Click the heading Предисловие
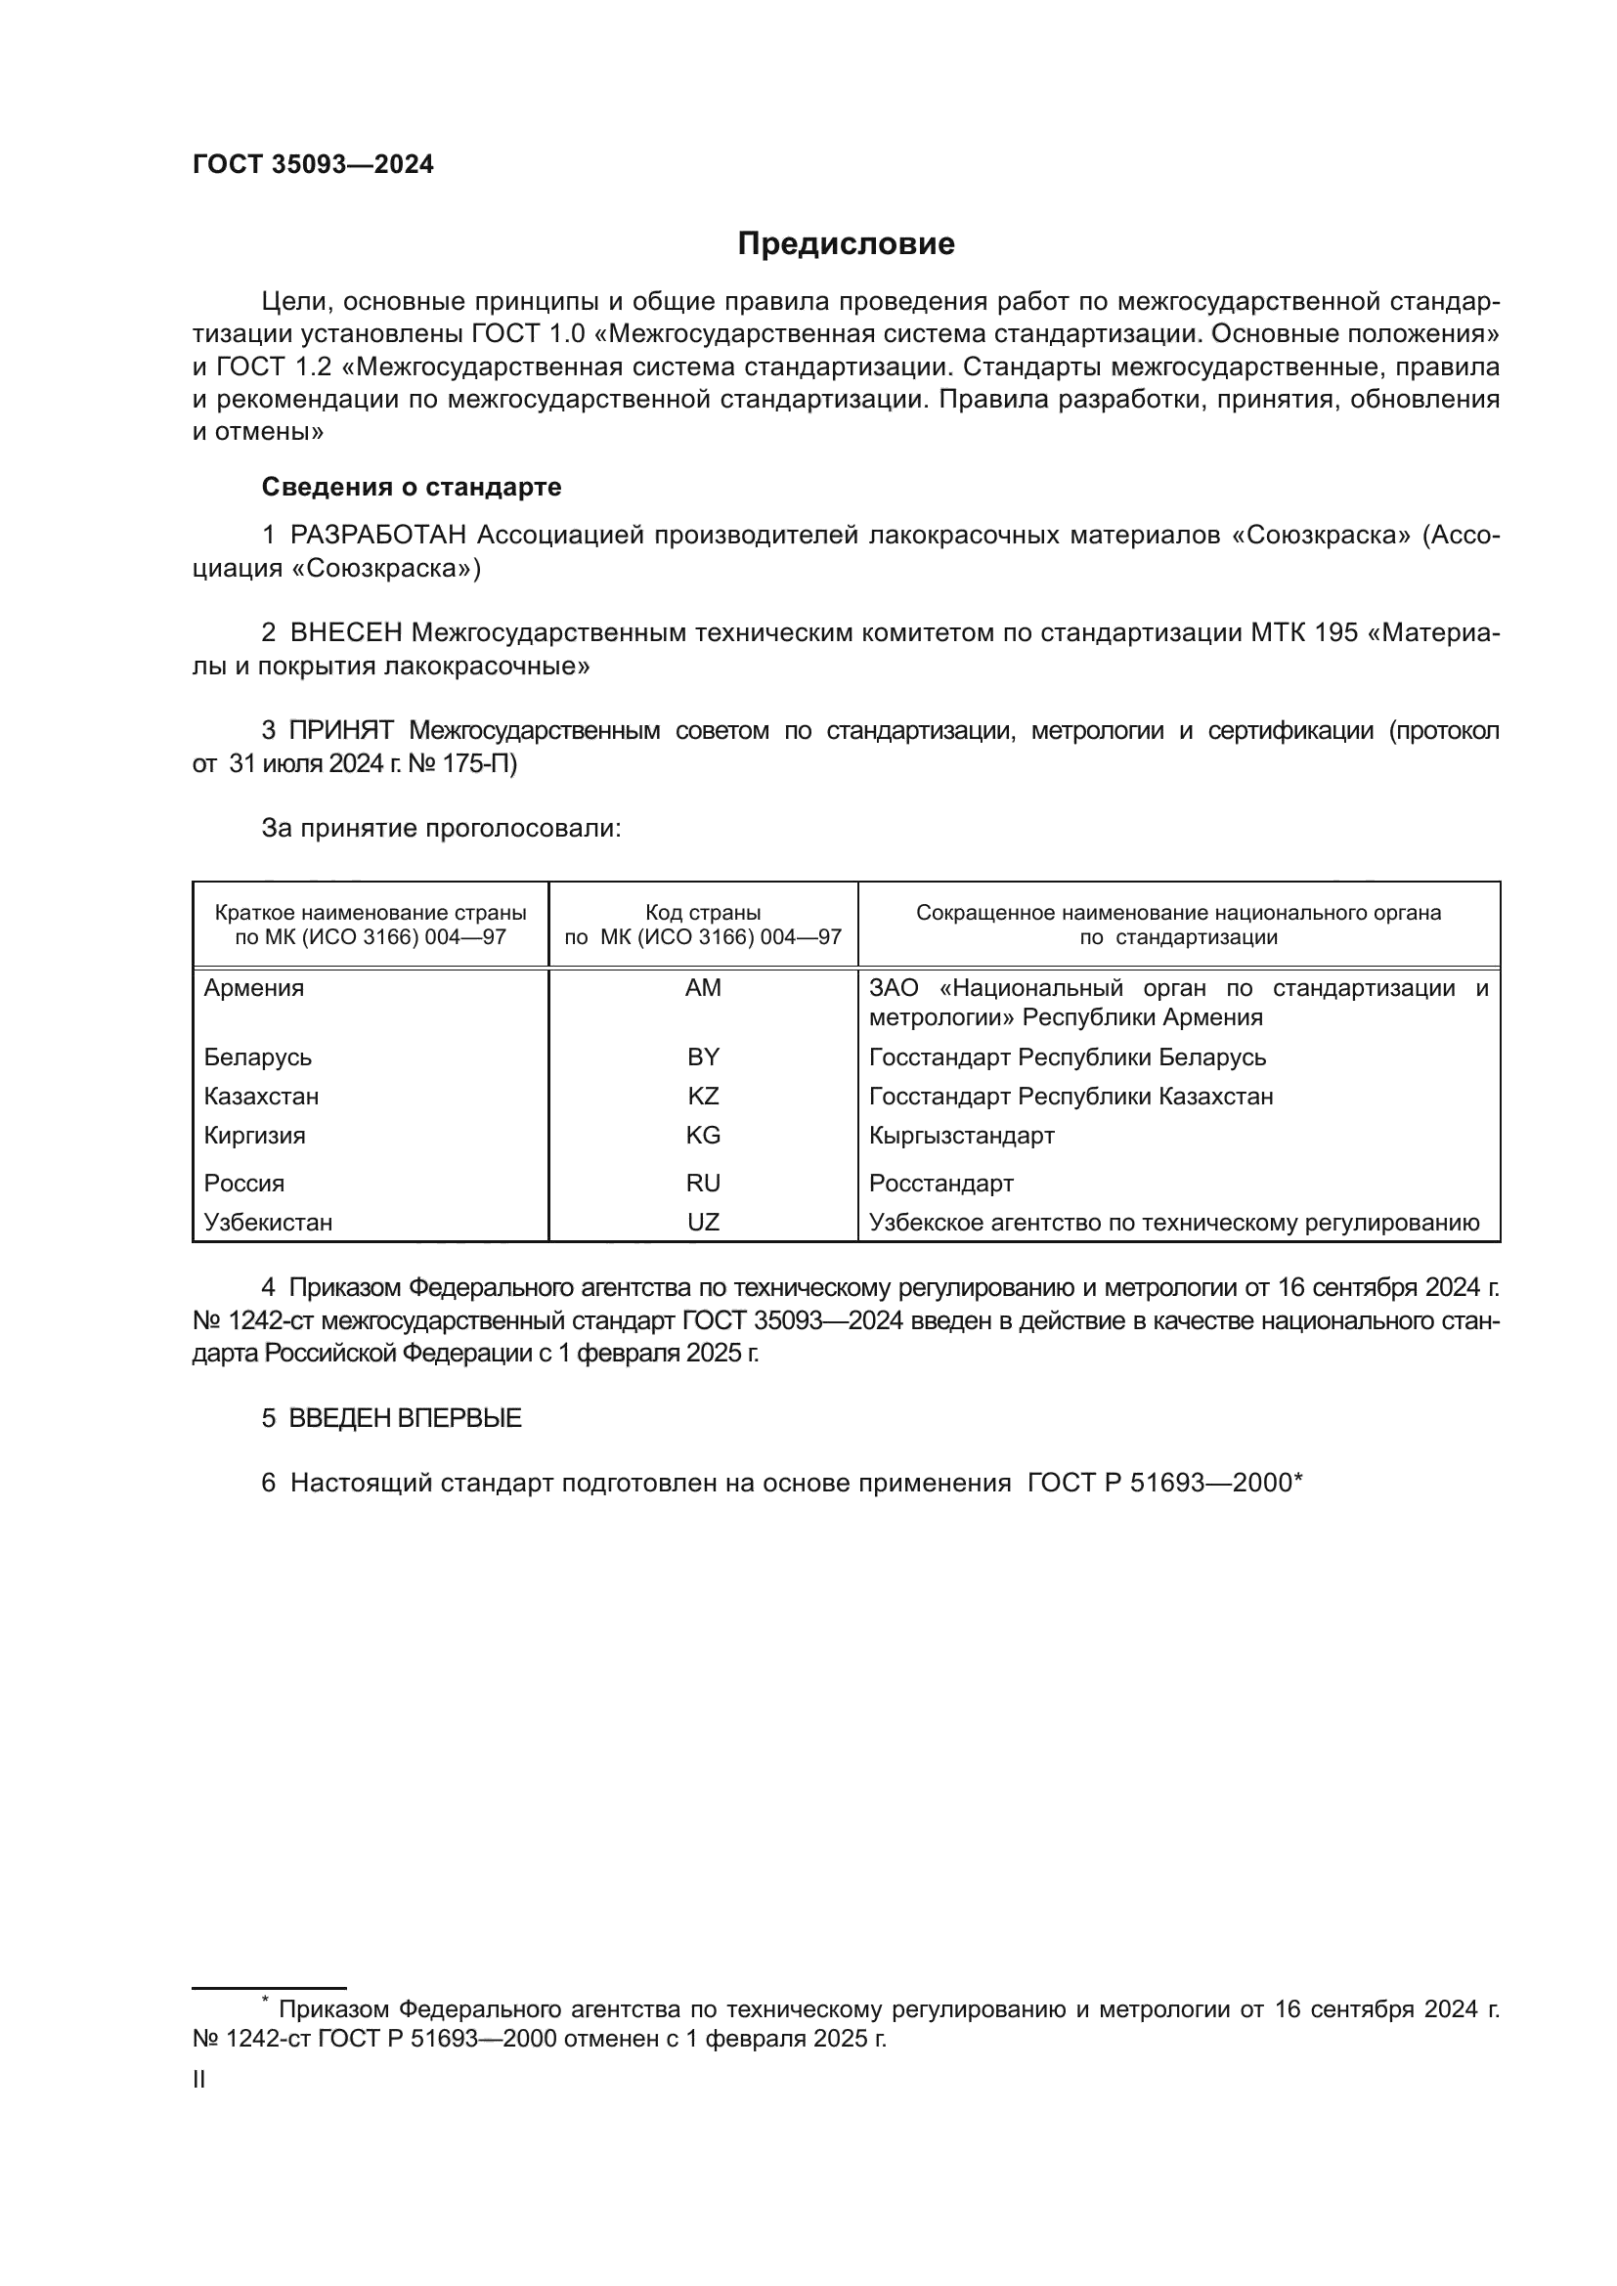[846, 244]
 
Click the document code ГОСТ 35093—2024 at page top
[313, 165]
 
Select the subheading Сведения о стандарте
[412, 487]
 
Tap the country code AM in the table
[703, 988]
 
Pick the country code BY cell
[703, 1057]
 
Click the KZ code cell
[703, 1097]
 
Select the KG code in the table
[703, 1135]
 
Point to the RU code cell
[703, 1183]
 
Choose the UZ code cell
[703, 1222]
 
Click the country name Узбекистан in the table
[268, 1222]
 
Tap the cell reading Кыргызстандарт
[961, 1135]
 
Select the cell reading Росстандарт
[940, 1183]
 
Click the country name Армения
[254, 988]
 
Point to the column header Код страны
[703, 913]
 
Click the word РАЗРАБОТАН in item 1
[378, 536]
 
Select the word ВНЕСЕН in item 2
[345, 633]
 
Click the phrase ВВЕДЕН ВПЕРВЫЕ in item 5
[406, 1419]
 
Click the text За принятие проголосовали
[441, 829]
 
